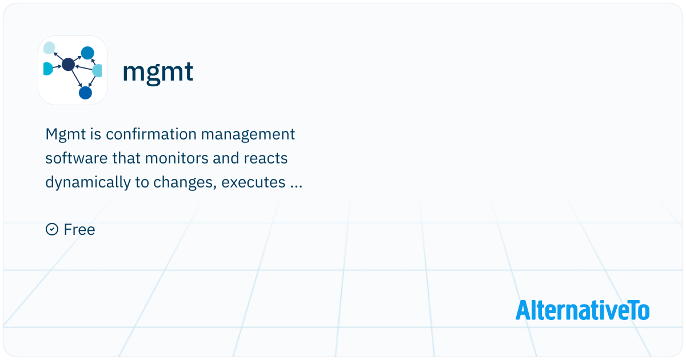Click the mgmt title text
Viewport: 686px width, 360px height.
[x=158, y=72]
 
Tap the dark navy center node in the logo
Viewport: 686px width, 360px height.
[x=68, y=64]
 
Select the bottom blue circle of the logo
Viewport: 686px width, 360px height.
[x=85, y=93]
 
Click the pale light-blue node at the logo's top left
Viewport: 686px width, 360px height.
[x=49, y=48]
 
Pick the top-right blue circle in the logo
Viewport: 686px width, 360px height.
[x=87, y=53]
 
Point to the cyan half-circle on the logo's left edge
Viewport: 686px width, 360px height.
[x=48, y=69]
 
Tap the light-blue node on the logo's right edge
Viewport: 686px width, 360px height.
[x=97, y=70]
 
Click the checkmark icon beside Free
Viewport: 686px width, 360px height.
[x=52, y=229]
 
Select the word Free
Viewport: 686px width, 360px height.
[x=79, y=230]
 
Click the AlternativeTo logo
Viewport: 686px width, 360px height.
[x=583, y=310]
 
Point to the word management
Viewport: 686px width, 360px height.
[x=248, y=135]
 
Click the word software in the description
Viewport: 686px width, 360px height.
[x=77, y=158]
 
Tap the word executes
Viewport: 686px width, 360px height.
[x=253, y=183]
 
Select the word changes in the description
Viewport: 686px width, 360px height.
[x=185, y=183]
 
